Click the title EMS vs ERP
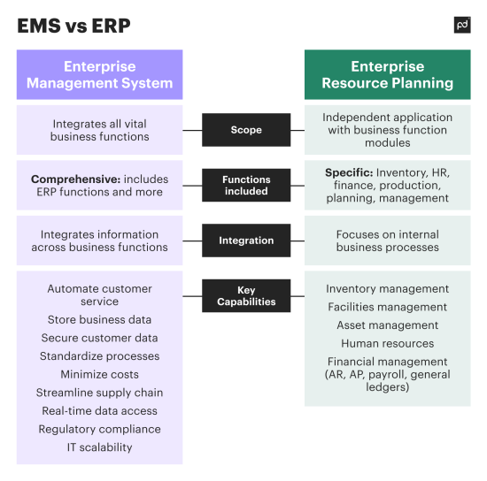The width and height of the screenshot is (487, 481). [73, 26]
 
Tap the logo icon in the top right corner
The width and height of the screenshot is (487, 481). [461, 25]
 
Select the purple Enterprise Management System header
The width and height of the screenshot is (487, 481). [99, 74]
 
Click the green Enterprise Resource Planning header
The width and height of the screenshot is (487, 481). [388, 74]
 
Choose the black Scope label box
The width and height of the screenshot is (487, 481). [246, 130]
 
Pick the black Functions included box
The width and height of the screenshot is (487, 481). [246, 185]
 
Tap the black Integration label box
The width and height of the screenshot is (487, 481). [246, 240]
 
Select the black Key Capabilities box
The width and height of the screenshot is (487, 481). [246, 295]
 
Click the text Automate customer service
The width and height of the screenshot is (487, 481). [99, 295]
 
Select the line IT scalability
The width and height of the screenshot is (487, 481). [99, 447]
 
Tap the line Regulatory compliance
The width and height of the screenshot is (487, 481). [99, 429]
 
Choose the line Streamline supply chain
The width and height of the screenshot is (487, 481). [99, 393]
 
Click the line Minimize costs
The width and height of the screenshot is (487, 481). [99, 375]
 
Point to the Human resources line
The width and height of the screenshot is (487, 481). [387, 343]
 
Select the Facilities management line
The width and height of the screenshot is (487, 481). [387, 307]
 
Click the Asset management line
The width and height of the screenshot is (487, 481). [387, 325]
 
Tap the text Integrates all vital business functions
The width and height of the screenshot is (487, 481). [99, 130]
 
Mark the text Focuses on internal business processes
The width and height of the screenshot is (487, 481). [387, 240]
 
